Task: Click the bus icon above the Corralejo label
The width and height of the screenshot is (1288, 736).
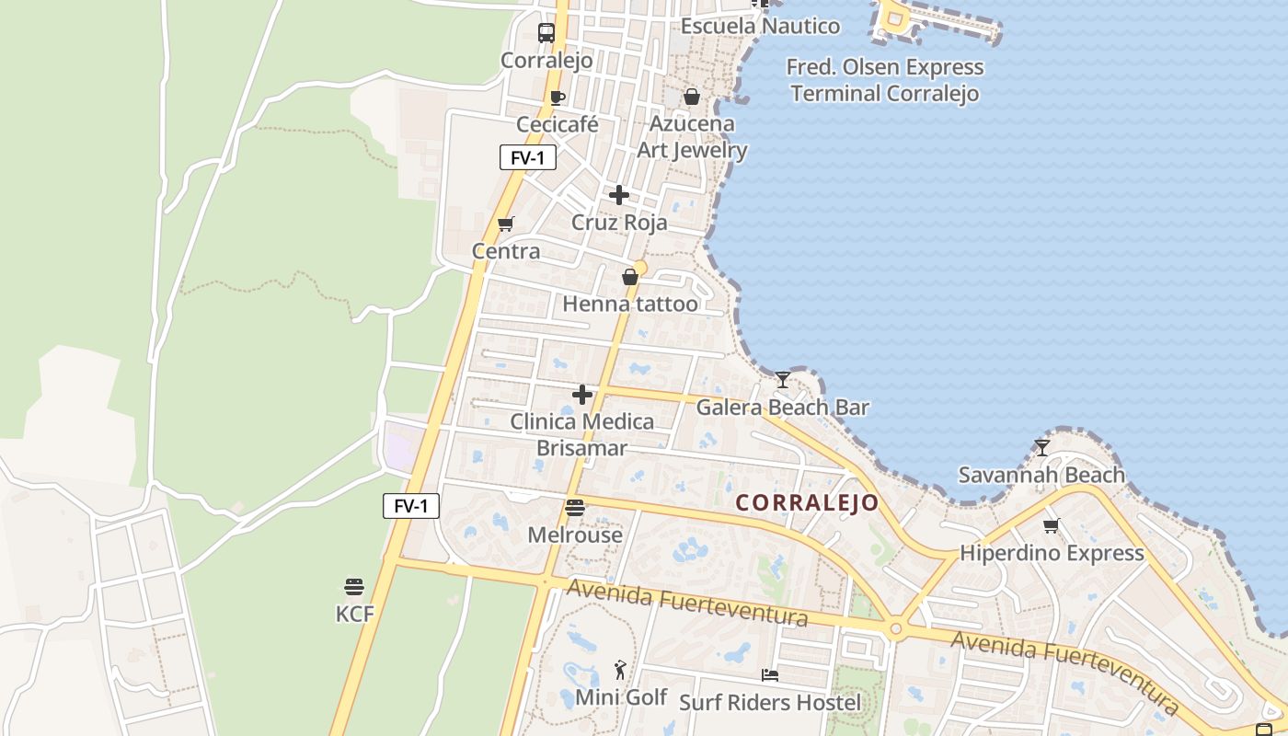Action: click(546, 33)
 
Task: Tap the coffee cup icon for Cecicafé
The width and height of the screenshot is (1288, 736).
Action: click(557, 98)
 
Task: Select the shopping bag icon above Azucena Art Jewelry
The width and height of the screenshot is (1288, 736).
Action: click(692, 97)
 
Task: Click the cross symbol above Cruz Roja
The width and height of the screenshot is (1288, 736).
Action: click(619, 195)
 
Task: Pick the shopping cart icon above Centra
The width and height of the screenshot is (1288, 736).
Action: click(505, 224)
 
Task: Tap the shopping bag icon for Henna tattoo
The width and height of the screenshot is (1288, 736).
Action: click(630, 277)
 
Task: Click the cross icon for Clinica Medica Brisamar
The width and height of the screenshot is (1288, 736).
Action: click(582, 395)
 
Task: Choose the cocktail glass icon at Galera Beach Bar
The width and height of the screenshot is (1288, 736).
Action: click(782, 379)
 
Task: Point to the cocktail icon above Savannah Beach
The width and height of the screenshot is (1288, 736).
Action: click(1041, 448)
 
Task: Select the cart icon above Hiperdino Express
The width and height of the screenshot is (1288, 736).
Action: click(1052, 526)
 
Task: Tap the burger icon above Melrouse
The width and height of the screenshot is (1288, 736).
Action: click(575, 508)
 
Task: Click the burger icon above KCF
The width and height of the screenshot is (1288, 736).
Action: click(354, 587)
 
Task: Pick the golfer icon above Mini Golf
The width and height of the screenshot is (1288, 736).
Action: click(621, 670)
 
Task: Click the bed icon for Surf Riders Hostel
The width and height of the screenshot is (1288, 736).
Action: click(770, 675)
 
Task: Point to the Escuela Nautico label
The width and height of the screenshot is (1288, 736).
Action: click(760, 26)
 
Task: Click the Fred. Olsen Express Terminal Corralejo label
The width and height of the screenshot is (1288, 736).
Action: click(885, 80)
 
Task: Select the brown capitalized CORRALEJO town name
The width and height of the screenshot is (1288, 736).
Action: click(807, 503)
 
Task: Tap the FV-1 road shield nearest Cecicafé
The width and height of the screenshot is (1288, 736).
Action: click(528, 157)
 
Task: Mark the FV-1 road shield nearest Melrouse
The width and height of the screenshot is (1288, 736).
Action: click(411, 506)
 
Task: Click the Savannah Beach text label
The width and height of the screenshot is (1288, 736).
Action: click(1041, 475)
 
